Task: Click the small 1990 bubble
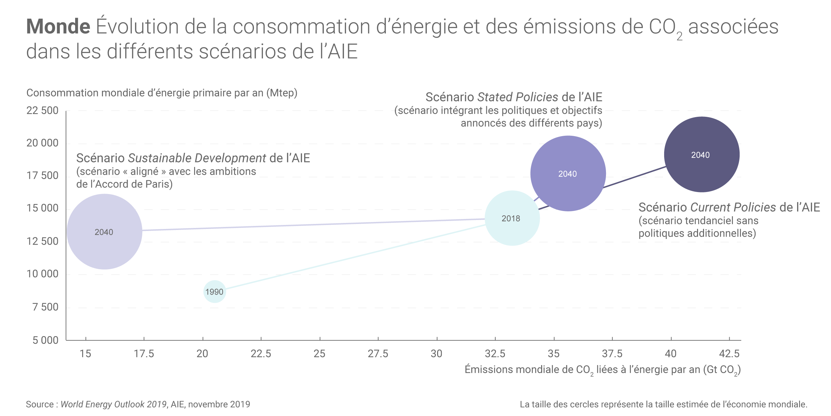click(214, 292)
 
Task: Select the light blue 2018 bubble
click(512, 218)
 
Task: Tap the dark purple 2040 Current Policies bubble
click(701, 154)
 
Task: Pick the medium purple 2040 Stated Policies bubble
click(568, 173)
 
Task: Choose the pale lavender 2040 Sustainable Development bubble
click(104, 232)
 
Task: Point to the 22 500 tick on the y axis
click(42, 110)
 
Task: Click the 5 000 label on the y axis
click(45, 340)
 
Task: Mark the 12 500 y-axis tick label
click(42, 241)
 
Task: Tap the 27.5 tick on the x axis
click(378, 354)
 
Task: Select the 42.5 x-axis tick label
click(729, 354)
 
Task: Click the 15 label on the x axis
click(85, 354)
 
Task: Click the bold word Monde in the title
click(58, 27)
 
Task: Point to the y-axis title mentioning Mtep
click(162, 93)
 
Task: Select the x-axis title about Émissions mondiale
click(602, 370)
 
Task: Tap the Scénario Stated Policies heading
click(514, 97)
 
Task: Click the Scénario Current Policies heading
click(729, 207)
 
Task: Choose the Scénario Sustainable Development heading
click(193, 158)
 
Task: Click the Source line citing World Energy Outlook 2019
click(138, 404)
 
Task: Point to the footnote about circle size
click(663, 404)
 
